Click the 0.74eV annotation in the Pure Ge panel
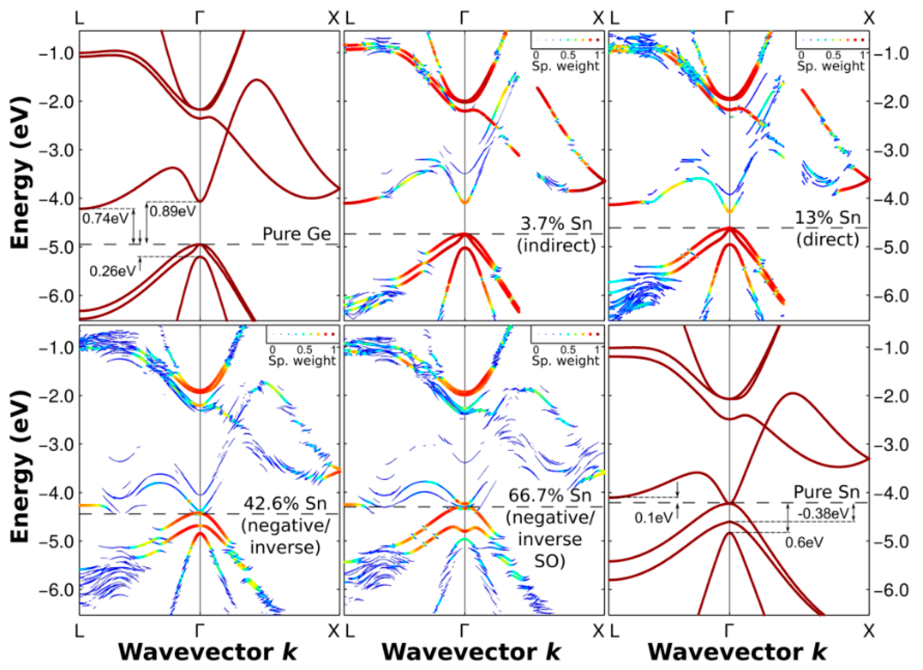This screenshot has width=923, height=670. click(105, 219)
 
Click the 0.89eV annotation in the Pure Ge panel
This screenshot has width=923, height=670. click(173, 211)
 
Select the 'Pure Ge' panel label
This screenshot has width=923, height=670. click(297, 234)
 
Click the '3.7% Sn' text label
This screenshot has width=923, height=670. click(556, 224)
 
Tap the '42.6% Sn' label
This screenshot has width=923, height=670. click(285, 504)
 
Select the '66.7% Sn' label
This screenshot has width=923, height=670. click(550, 496)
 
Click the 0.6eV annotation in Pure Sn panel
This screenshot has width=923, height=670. click(804, 542)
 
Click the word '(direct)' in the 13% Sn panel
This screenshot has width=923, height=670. click(828, 239)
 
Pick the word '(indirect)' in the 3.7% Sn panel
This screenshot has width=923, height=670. click(556, 245)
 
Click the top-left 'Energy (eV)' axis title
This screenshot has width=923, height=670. click(20, 173)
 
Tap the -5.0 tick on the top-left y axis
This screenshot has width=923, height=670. click(56, 247)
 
